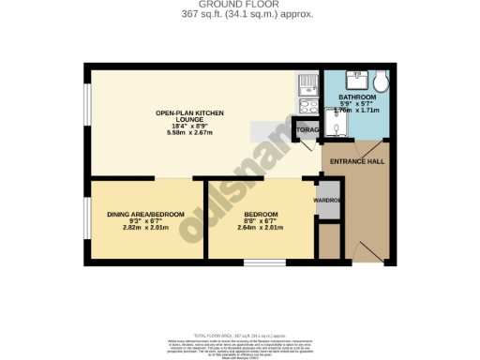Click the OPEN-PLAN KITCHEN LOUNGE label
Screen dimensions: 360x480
[x=188, y=117]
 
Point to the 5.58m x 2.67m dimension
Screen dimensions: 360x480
[x=188, y=132]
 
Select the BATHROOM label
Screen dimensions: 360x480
[x=356, y=97]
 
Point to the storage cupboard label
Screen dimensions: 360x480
[x=307, y=130]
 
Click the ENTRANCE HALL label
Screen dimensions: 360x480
[x=356, y=161]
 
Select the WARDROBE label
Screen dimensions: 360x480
[x=325, y=200]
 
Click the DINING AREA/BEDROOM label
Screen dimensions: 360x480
[x=144, y=214]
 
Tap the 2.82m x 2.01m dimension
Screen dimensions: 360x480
[x=144, y=228]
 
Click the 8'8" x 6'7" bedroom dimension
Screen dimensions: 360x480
[x=259, y=221]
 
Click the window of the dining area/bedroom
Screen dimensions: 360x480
[x=87, y=217]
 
